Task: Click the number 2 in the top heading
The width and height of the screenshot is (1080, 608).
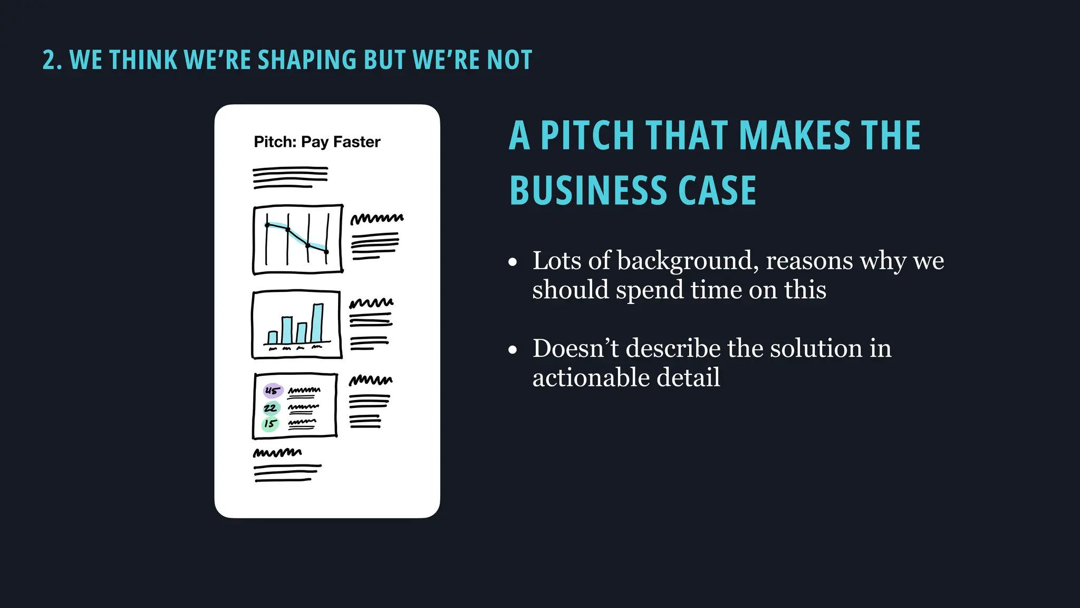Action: (x=49, y=60)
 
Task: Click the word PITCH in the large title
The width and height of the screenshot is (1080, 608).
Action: (x=586, y=136)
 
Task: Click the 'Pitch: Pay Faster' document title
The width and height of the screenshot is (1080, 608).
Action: (x=317, y=142)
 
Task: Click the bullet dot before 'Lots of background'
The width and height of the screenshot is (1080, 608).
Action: (x=513, y=262)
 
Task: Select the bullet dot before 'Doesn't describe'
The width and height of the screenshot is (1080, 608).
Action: (x=513, y=350)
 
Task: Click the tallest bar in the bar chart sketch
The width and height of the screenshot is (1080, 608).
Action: (x=317, y=323)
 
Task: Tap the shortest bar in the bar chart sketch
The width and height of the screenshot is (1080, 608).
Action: (x=273, y=337)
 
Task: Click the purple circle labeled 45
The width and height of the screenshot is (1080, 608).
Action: (x=273, y=391)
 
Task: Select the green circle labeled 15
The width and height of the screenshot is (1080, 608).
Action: (x=270, y=424)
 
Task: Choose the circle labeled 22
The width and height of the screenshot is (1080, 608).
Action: (x=271, y=408)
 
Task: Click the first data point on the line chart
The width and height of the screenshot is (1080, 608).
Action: (x=267, y=225)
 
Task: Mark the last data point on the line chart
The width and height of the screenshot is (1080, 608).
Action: (x=326, y=252)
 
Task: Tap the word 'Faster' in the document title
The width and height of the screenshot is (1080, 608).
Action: (x=356, y=142)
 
